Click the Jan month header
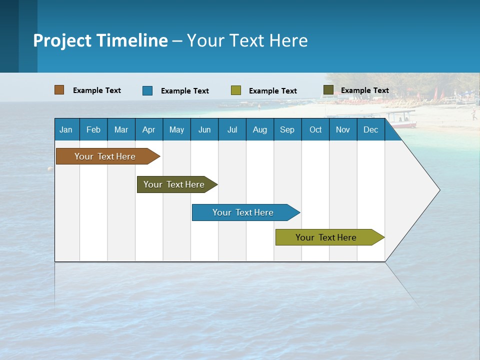pyautogui.click(x=66, y=129)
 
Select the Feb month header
pyautogui.click(x=93, y=129)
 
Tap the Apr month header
pyautogui.click(x=148, y=129)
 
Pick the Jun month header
pyautogui.click(x=204, y=129)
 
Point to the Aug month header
pyautogui.click(x=259, y=129)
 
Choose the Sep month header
pyautogui.click(x=287, y=129)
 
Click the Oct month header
pyautogui.click(x=315, y=129)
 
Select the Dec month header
pyautogui.click(x=370, y=129)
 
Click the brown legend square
pyautogui.click(x=59, y=90)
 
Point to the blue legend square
pyautogui.click(x=147, y=90)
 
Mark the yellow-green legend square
pyautogui.click(x=236, y=90)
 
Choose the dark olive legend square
pyautogui.click(x=328, y=90)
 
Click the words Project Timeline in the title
pyautogui.click(x=100, y=40)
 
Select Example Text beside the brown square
pyautogui.click(x=97, y=90)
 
